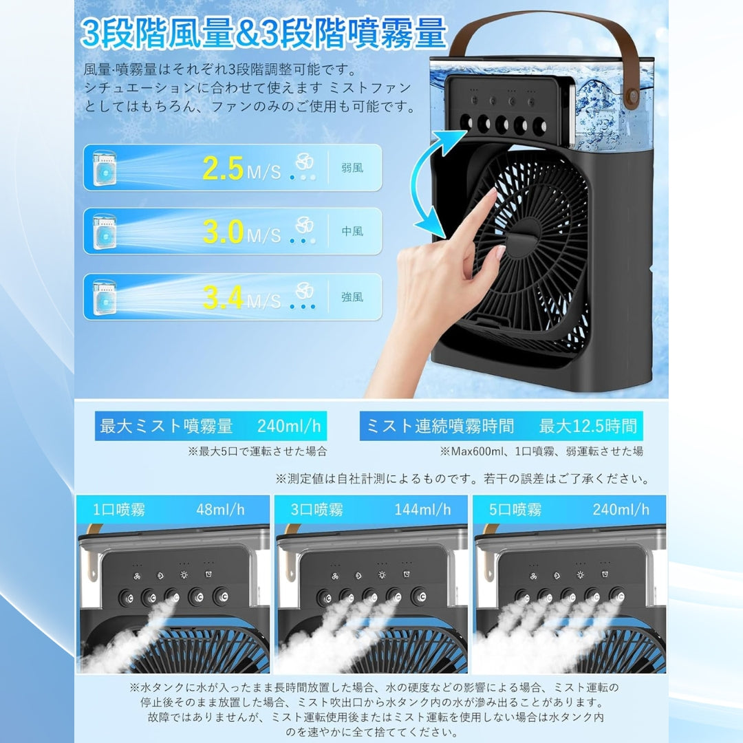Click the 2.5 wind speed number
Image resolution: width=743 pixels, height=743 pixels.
coord(224,169)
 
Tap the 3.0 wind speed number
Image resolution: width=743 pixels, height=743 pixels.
coord(224,232)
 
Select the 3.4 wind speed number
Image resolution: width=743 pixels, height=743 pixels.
coord(224,297)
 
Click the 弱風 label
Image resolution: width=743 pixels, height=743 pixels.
coord(352,168)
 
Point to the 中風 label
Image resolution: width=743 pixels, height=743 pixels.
coord(352,232)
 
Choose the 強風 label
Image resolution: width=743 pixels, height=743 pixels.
coord(352,297)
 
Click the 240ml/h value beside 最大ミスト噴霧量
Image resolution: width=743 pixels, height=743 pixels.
coord(289,427)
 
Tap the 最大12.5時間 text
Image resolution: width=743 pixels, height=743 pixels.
coord(588,427)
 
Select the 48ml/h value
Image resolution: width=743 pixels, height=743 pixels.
coord(220,510)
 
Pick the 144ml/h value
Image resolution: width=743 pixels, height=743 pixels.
coord(422,510)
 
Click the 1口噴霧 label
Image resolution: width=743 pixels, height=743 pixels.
coord(120,510)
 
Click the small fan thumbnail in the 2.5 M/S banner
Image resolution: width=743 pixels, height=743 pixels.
coord(104,169)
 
